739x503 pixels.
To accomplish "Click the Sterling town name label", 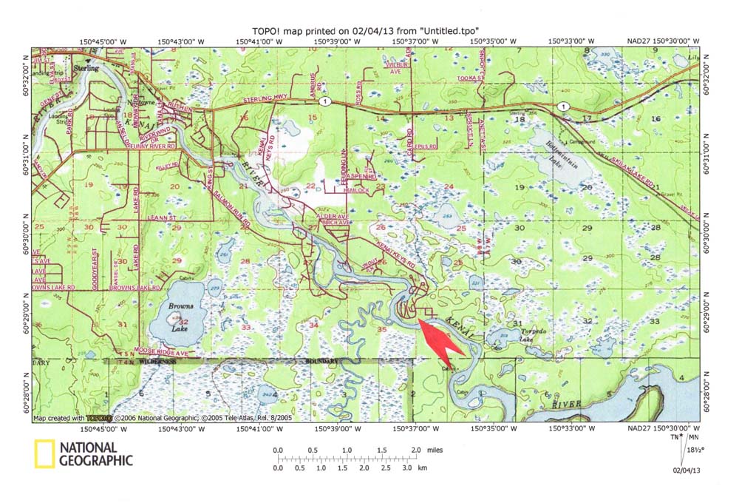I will coord(88,66).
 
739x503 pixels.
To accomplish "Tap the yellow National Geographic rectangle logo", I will coord(44,454).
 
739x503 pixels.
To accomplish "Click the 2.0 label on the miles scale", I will coord(415,450).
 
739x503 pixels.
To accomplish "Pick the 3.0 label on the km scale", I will coord(406,468).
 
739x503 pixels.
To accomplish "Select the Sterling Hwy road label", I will coord(281,107).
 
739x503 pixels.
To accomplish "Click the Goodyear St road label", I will coord(95,263).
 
